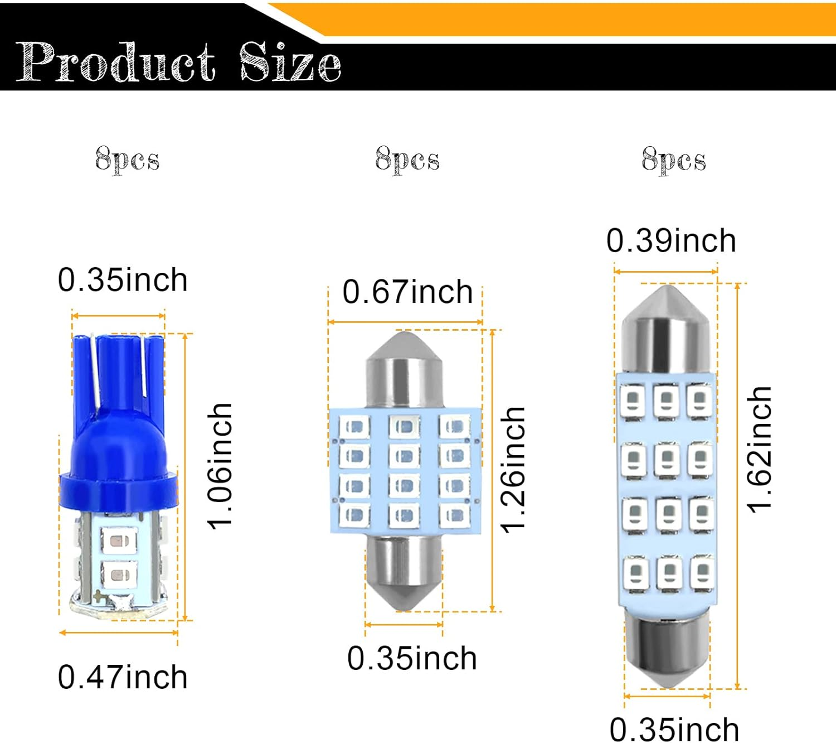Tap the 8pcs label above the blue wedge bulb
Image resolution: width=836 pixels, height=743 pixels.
pos(127,160)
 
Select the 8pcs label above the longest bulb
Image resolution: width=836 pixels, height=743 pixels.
pos(673,160)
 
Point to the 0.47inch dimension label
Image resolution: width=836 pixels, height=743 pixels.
pos(123,677)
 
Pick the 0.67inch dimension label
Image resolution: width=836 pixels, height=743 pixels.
pos(407,292)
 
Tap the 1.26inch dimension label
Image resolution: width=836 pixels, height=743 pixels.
pos(513,470)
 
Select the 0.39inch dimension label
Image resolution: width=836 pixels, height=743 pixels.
pos(671,240)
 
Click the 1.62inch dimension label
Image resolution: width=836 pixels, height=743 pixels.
pos(759,449)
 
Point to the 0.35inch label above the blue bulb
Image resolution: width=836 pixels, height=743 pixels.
pos(123,279)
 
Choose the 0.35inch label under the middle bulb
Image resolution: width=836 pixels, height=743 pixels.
pos(412,658)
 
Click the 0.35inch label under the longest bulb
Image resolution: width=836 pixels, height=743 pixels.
pos(674,729)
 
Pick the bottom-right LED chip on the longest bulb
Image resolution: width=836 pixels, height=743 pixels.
pos(702,573)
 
